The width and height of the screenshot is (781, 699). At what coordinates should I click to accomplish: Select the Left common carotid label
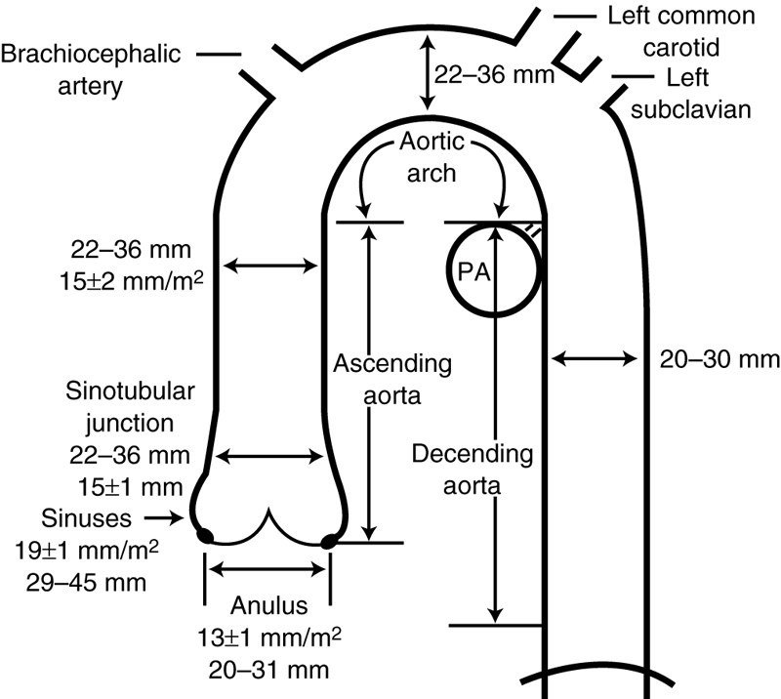(x=680, y=30)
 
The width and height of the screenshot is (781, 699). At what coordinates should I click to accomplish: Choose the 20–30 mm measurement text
(x=719, y=359)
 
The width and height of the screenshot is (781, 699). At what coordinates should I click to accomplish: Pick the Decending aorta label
(x=472, y=469)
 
